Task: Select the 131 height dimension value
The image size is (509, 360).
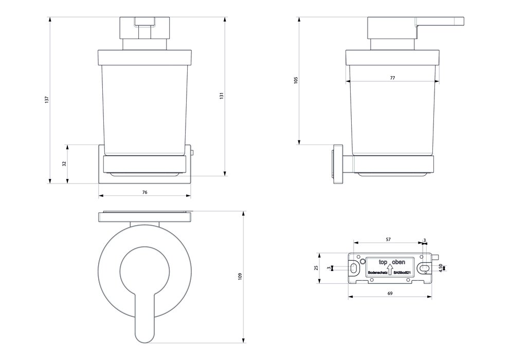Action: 222,96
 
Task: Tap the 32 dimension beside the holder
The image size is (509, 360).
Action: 64,164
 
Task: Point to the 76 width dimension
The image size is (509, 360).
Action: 144,192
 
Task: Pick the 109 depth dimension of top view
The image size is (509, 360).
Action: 240,277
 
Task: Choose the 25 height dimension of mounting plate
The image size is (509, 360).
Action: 316,267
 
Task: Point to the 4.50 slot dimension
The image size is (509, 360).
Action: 441,268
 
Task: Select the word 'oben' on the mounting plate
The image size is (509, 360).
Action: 398,262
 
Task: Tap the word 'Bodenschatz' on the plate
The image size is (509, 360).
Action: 377,274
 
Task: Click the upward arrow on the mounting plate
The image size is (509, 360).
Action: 389,268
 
